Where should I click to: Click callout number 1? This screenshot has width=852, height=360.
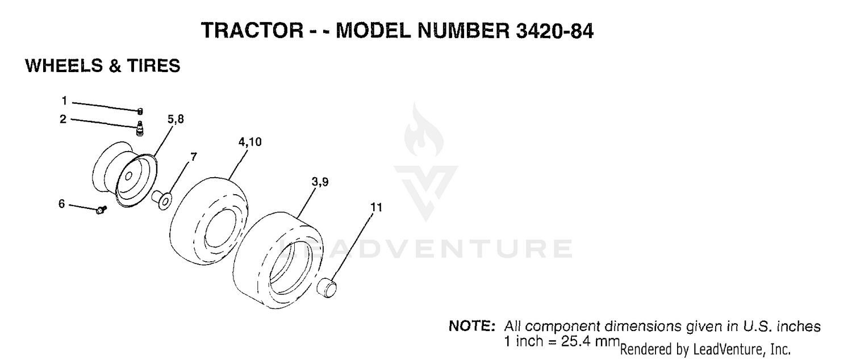point(64,101)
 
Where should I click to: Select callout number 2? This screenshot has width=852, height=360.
point(63,119)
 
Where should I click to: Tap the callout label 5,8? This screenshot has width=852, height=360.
point(176,119)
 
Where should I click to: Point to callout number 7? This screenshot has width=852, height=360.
point(194,157)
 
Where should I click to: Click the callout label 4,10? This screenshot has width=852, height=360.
point(250,142)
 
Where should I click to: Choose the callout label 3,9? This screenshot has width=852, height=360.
point(320,182)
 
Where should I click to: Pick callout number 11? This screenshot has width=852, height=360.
point(376,207)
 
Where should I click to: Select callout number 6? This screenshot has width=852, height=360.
point(61,204)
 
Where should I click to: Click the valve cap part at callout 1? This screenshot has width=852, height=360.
point(140,111)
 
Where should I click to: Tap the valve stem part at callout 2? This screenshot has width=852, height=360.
point(140,128)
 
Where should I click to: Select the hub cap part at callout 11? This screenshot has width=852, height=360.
point(327,288)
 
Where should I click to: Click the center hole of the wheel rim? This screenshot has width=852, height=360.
point(128,176)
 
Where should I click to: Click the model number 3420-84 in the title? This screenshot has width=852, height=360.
point(554,31)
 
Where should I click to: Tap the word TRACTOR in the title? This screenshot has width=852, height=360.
point(252,31)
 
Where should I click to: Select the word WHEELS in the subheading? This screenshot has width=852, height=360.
point(64,66)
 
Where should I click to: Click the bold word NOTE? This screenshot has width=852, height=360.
point(472,326)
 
